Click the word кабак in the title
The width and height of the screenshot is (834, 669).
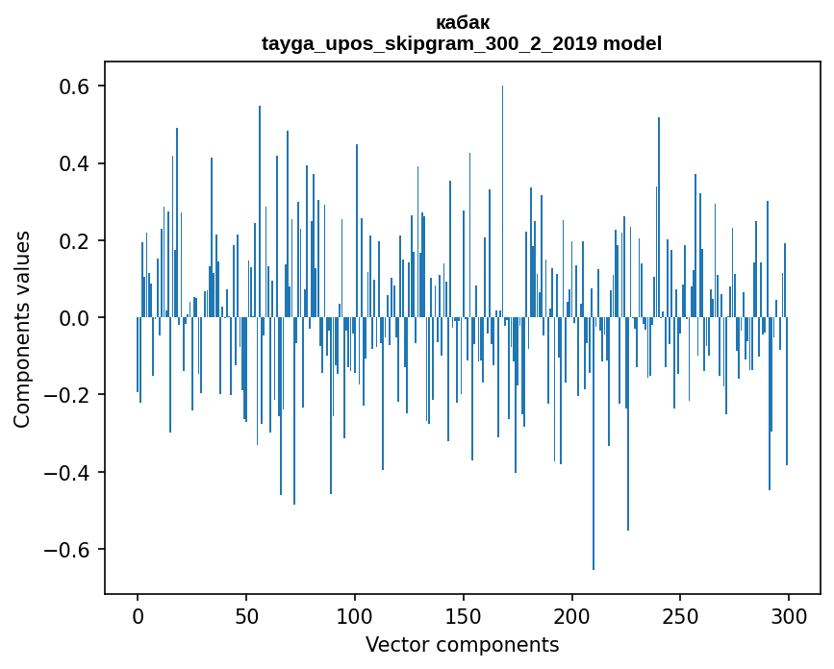pyautogui.click(x=462, y=23)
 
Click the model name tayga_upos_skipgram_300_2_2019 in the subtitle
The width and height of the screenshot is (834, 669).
pyautogui.click(x=429, y=43)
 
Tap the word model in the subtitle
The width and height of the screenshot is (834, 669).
pyautogui.click(x=632, y=43)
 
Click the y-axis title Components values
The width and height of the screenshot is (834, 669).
pyautogui.click(x=21, y=330)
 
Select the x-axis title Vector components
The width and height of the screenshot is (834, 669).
pyautogui.click(x=462, y=645)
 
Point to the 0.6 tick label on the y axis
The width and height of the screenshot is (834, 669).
pyautogui.click(x=74, y=87)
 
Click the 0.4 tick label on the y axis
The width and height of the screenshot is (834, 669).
pyautogui.click(x=74, y=163)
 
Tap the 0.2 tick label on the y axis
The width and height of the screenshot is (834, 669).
pyautogui.click(x=74, y=240)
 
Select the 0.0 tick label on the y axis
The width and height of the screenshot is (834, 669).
pyautogui.click(x=74, y=318)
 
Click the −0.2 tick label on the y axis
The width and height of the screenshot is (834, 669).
pyautogui.click(x=66, y=395)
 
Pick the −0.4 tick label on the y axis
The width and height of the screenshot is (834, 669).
pyautogui.click(x=66, y=472)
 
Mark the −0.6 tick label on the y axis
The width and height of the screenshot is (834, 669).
pyautogui.click(x=66, y=550)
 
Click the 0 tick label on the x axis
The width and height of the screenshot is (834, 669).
pyautogui.click(x=138, y=616)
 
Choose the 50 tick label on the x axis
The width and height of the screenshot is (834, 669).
pyautogui.click(x=246, y=616)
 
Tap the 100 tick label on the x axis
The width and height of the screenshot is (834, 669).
pyautogui.click(x=355, y=616)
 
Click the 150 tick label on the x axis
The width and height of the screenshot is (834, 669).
pyautogui.click(x=464, y=616)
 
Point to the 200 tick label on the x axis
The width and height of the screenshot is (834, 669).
pyautogui.click(x=571, y=616)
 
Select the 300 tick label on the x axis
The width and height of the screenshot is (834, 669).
pyautogui.click(x=789, y=616)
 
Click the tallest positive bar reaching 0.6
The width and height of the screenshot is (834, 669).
pyautogui.click(x=503, y=202)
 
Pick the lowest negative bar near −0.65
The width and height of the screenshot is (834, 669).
pyautogui.click(x=594, y=444)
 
